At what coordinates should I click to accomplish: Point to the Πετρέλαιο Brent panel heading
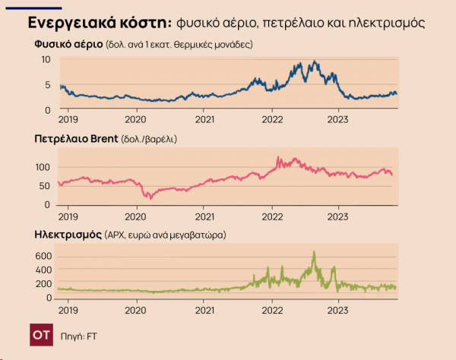(x=75, y=140)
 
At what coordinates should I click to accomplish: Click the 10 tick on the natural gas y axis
(x=46, y=59)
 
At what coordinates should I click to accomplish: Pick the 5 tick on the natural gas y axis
(x=48, y=85)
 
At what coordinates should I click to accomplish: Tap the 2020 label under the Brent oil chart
(x=137, y=215)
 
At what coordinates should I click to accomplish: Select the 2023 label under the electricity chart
(x=339, y=309)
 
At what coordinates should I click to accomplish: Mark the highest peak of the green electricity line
(x=313, y=251)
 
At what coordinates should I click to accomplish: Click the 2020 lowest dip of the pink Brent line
(x=150, y=198)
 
